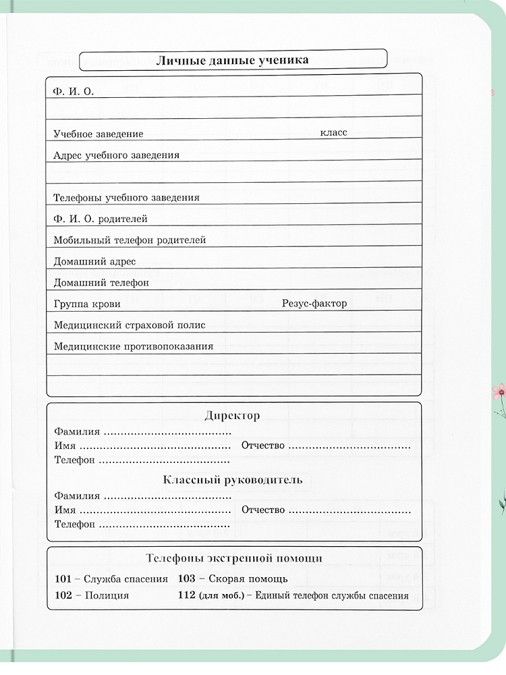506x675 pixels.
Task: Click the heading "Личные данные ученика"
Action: (233, 60)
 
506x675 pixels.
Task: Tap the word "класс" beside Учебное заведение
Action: (333, 132)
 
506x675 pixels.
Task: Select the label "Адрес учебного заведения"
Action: (117, 155)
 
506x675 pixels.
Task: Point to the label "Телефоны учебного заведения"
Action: (126, 198)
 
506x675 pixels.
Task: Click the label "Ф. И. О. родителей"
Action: (101, 219)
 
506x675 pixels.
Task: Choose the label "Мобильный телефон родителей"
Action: (130, 240)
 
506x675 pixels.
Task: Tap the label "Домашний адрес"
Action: (94, 261)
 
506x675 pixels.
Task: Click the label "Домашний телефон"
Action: (101, 283)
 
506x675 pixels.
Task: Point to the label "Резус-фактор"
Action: (314, 304)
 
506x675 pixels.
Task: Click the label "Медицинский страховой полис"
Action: (130, 325)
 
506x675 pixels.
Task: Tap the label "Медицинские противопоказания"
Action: (134, 346)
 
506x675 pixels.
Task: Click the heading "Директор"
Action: (232, 416)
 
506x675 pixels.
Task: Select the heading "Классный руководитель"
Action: (233, 481)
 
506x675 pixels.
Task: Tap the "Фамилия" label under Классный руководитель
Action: (77, 495)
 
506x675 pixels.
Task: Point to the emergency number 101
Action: (63, 578)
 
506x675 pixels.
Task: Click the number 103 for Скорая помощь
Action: (186, 578)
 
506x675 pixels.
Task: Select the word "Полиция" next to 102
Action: (107, 596)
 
